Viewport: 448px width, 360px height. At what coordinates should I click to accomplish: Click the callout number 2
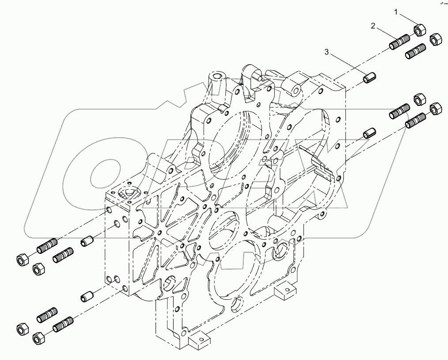[373, 26]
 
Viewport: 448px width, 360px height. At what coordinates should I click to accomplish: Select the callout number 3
[327, 52]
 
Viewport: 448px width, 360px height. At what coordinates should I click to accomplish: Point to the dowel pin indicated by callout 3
[369, 78]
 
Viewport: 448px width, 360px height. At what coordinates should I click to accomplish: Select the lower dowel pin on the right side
[369, 132]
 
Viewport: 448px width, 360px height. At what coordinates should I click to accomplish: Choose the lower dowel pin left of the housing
[88, 296]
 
